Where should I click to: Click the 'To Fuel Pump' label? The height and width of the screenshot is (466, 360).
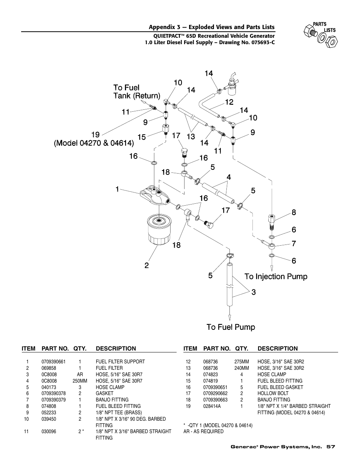(231, 327)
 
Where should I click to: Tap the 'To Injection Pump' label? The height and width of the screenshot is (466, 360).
(276, 277)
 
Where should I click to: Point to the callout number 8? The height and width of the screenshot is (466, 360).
(294, 212)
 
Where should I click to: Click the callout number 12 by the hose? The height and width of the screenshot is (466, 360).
(229, 102)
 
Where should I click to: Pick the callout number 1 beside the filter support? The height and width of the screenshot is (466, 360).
(117, 189)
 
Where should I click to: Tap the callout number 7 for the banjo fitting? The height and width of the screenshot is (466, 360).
(294, 244)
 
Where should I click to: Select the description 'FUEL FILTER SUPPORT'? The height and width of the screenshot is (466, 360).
(120, 361)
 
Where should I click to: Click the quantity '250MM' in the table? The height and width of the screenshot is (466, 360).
(80, 381)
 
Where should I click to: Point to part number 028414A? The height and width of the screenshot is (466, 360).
(212, 406)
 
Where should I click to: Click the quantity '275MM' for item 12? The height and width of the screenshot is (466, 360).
(241, 361)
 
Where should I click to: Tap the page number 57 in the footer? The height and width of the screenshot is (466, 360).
(331, 447)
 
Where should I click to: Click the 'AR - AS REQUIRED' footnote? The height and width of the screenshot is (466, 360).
(203, 431)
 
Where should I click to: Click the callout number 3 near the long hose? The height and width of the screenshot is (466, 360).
(254, 292)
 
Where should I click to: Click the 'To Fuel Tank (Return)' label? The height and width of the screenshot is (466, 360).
(137, 92)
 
